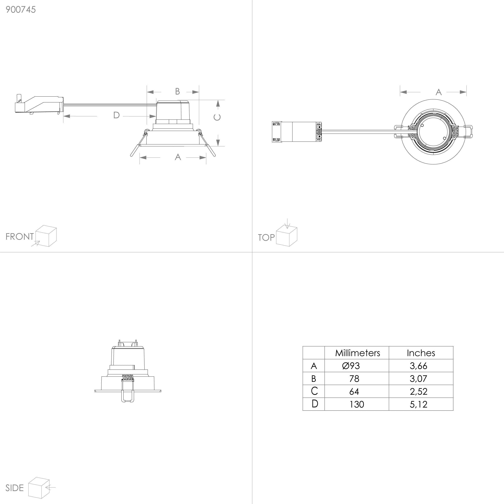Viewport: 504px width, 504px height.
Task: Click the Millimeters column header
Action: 357,353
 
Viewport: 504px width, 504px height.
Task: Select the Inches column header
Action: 421,353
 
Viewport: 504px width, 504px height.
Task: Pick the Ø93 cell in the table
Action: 351,366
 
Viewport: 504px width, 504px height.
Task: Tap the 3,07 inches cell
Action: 419,379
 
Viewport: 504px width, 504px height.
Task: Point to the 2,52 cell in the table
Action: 419,392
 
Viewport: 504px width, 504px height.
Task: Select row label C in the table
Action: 314,391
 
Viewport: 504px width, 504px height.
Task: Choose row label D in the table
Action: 315,404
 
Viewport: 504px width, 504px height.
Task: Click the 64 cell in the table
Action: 354,392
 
